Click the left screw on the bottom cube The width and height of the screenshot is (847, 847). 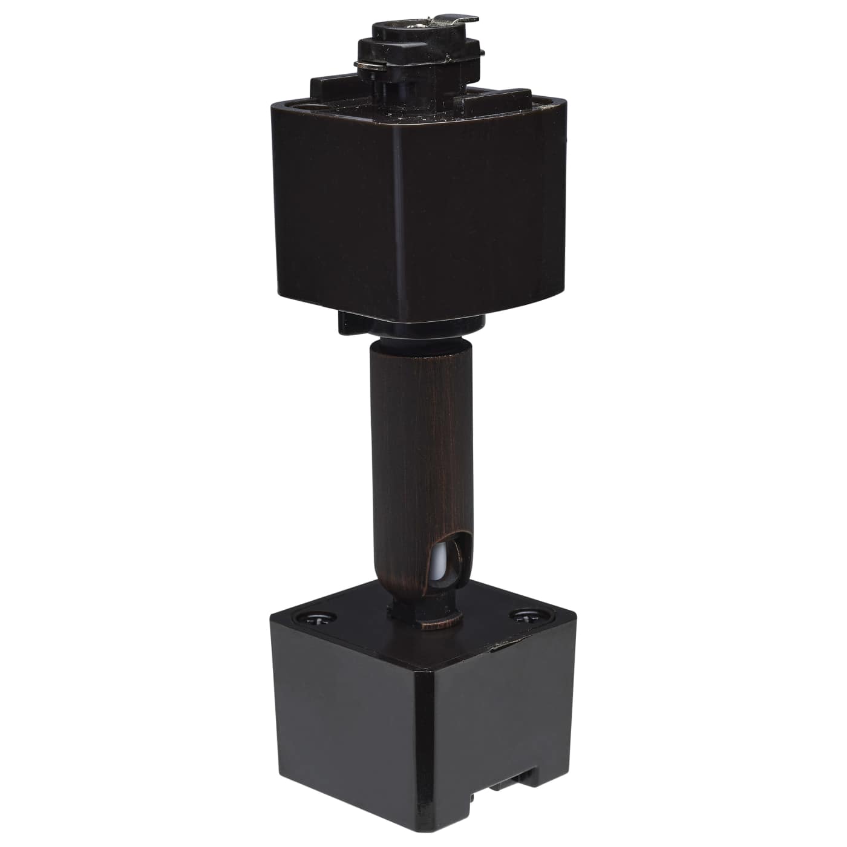click(x=317, y=618)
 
